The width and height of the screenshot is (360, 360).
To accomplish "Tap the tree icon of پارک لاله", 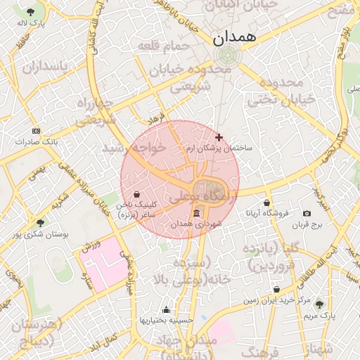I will (30, 13).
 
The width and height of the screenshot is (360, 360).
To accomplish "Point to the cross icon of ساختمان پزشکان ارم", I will (219, 137).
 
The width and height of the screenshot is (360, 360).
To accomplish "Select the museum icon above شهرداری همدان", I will (195, 213).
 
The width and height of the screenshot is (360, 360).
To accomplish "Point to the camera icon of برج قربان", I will (307, 214).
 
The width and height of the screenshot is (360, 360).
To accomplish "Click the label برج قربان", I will (307, 225).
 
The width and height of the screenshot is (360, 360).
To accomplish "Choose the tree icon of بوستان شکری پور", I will (39, 223).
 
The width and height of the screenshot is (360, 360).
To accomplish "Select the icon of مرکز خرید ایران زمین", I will (276, 289).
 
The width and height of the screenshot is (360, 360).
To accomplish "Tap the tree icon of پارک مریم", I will (319, 305).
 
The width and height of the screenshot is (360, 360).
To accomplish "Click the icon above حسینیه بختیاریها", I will (166, 309).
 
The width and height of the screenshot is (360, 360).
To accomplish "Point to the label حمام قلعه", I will (165, 46).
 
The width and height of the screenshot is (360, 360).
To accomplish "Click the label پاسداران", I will (45, 67).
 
